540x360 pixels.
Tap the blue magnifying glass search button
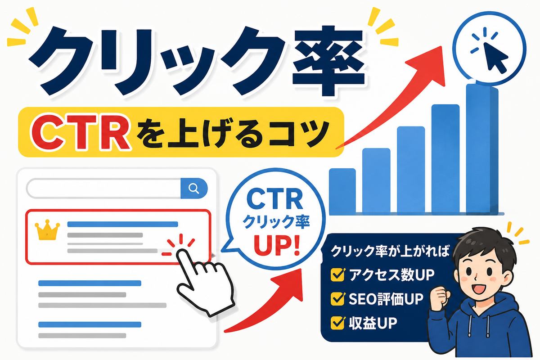(194, 188)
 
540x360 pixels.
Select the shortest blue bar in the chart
(342, 192)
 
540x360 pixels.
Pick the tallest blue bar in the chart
(481, 149)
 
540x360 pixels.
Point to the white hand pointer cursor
(205, 282)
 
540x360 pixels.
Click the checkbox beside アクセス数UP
(337, 274)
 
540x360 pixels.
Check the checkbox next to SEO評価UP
(337, 299)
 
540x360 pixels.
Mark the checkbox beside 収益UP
(337, 323)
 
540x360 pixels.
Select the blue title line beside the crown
(123, 224)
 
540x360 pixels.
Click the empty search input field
(103, 188)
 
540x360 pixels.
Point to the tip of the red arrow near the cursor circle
(441, 46)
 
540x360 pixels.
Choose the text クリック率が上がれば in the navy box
(390, 251)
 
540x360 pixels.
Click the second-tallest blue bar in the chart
(445, 160)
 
